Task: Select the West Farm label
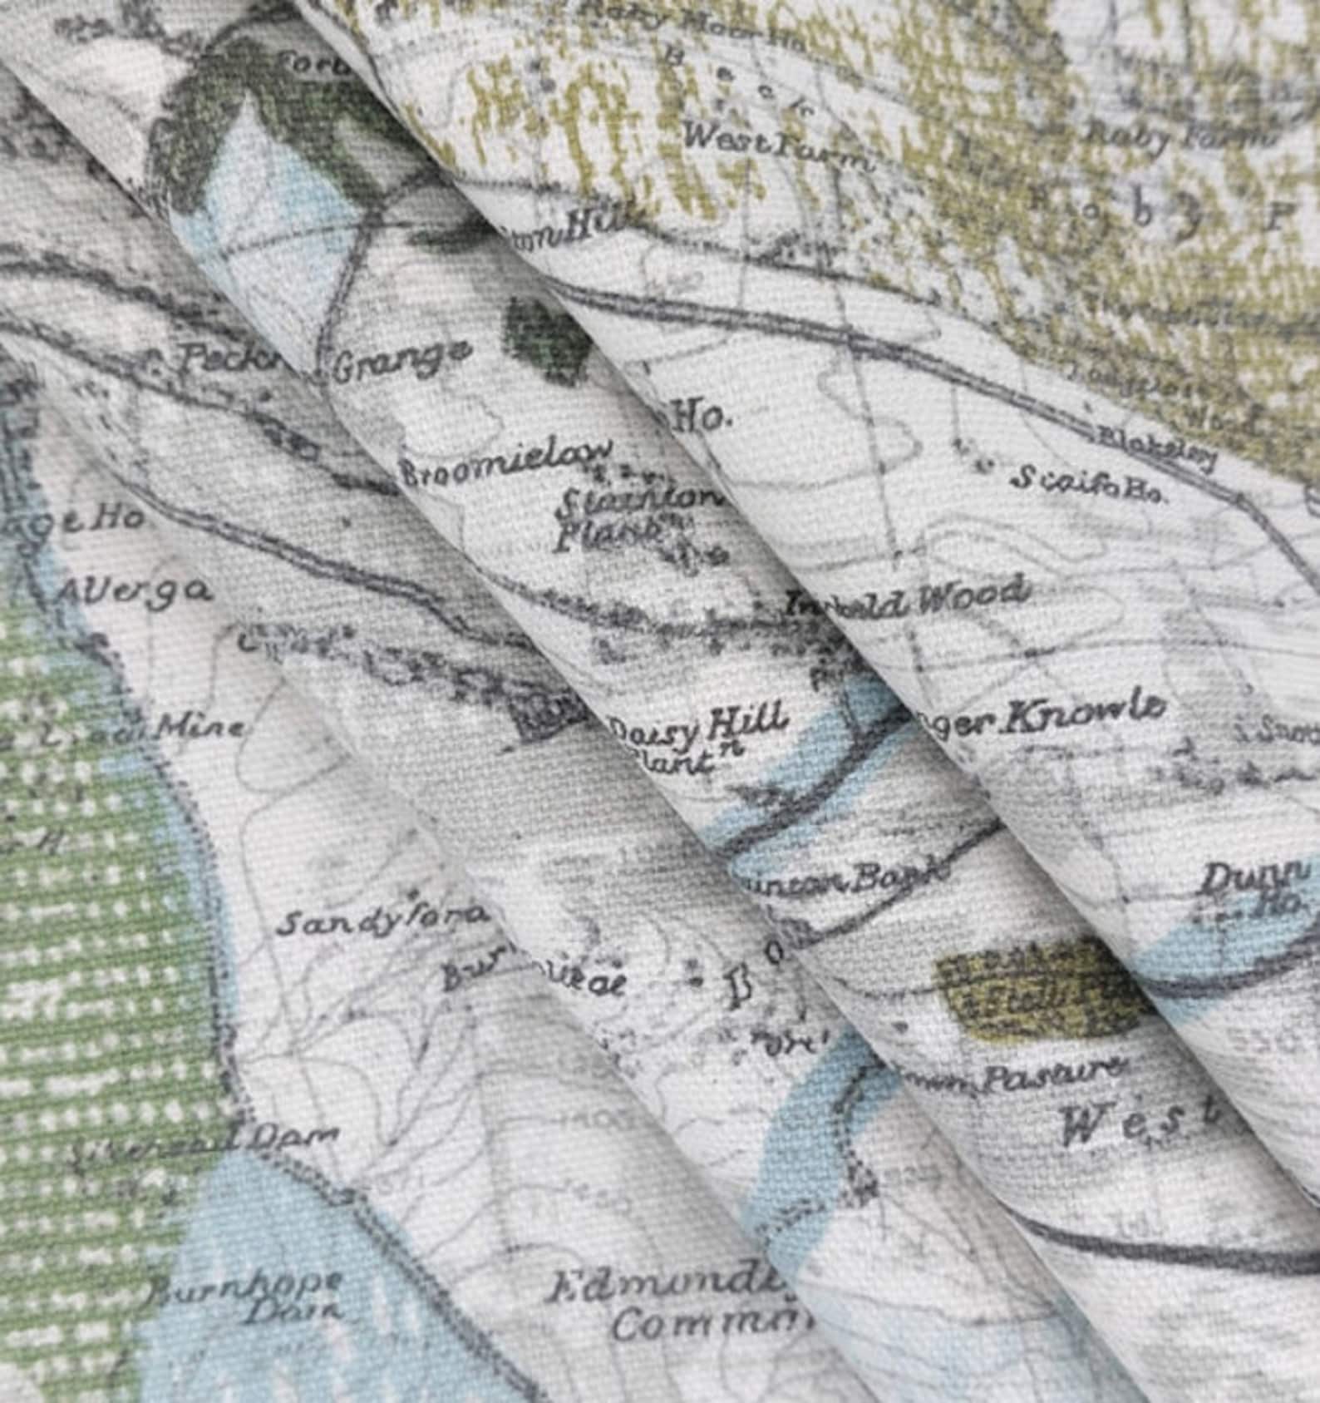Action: pos(776,146)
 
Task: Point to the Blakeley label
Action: pos(1155,447)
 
